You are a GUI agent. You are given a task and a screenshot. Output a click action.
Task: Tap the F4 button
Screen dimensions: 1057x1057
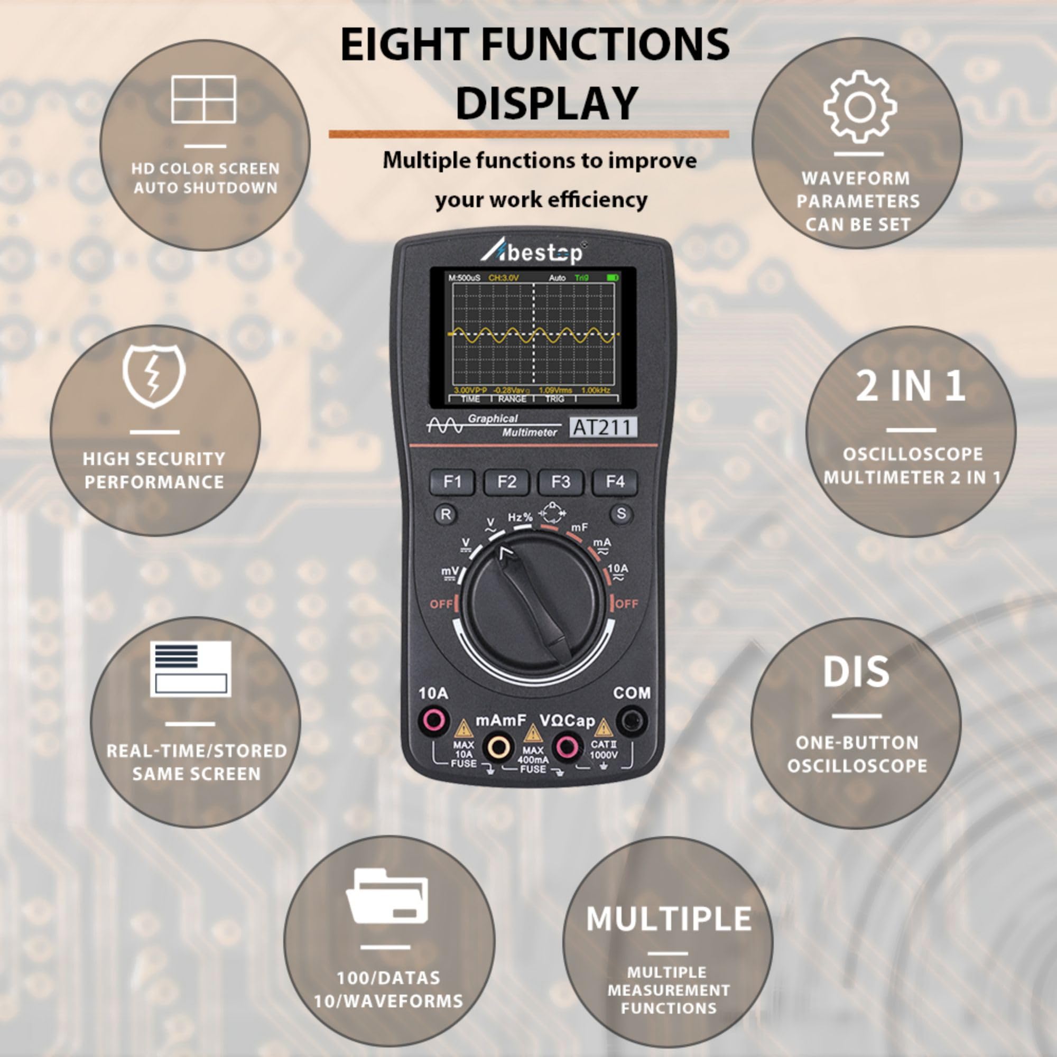615,482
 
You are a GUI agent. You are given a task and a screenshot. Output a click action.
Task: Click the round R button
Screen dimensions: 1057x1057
446,514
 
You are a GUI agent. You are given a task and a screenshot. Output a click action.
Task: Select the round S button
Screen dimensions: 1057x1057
621,514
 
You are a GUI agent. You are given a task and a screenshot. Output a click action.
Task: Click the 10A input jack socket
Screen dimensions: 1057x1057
433,720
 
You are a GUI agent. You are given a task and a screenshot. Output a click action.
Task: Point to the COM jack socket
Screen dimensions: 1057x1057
632,720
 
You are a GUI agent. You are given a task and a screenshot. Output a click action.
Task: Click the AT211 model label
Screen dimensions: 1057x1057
603,427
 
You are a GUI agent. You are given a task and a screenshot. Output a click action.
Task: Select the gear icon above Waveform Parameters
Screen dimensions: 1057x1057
859,107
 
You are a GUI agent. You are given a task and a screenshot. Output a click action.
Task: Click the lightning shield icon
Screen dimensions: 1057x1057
154,375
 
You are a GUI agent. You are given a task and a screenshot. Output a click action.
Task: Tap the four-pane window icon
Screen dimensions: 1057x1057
203,99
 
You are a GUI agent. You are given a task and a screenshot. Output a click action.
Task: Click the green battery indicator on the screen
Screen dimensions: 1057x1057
612,278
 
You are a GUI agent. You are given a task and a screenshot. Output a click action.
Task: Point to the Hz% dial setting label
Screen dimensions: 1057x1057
519,517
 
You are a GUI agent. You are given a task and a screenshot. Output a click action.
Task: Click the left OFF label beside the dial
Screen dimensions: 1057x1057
441,604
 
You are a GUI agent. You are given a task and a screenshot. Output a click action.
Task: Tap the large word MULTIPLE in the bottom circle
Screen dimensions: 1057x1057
669,919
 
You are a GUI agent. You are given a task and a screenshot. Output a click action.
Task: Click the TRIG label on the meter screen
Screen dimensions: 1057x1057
554,399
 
